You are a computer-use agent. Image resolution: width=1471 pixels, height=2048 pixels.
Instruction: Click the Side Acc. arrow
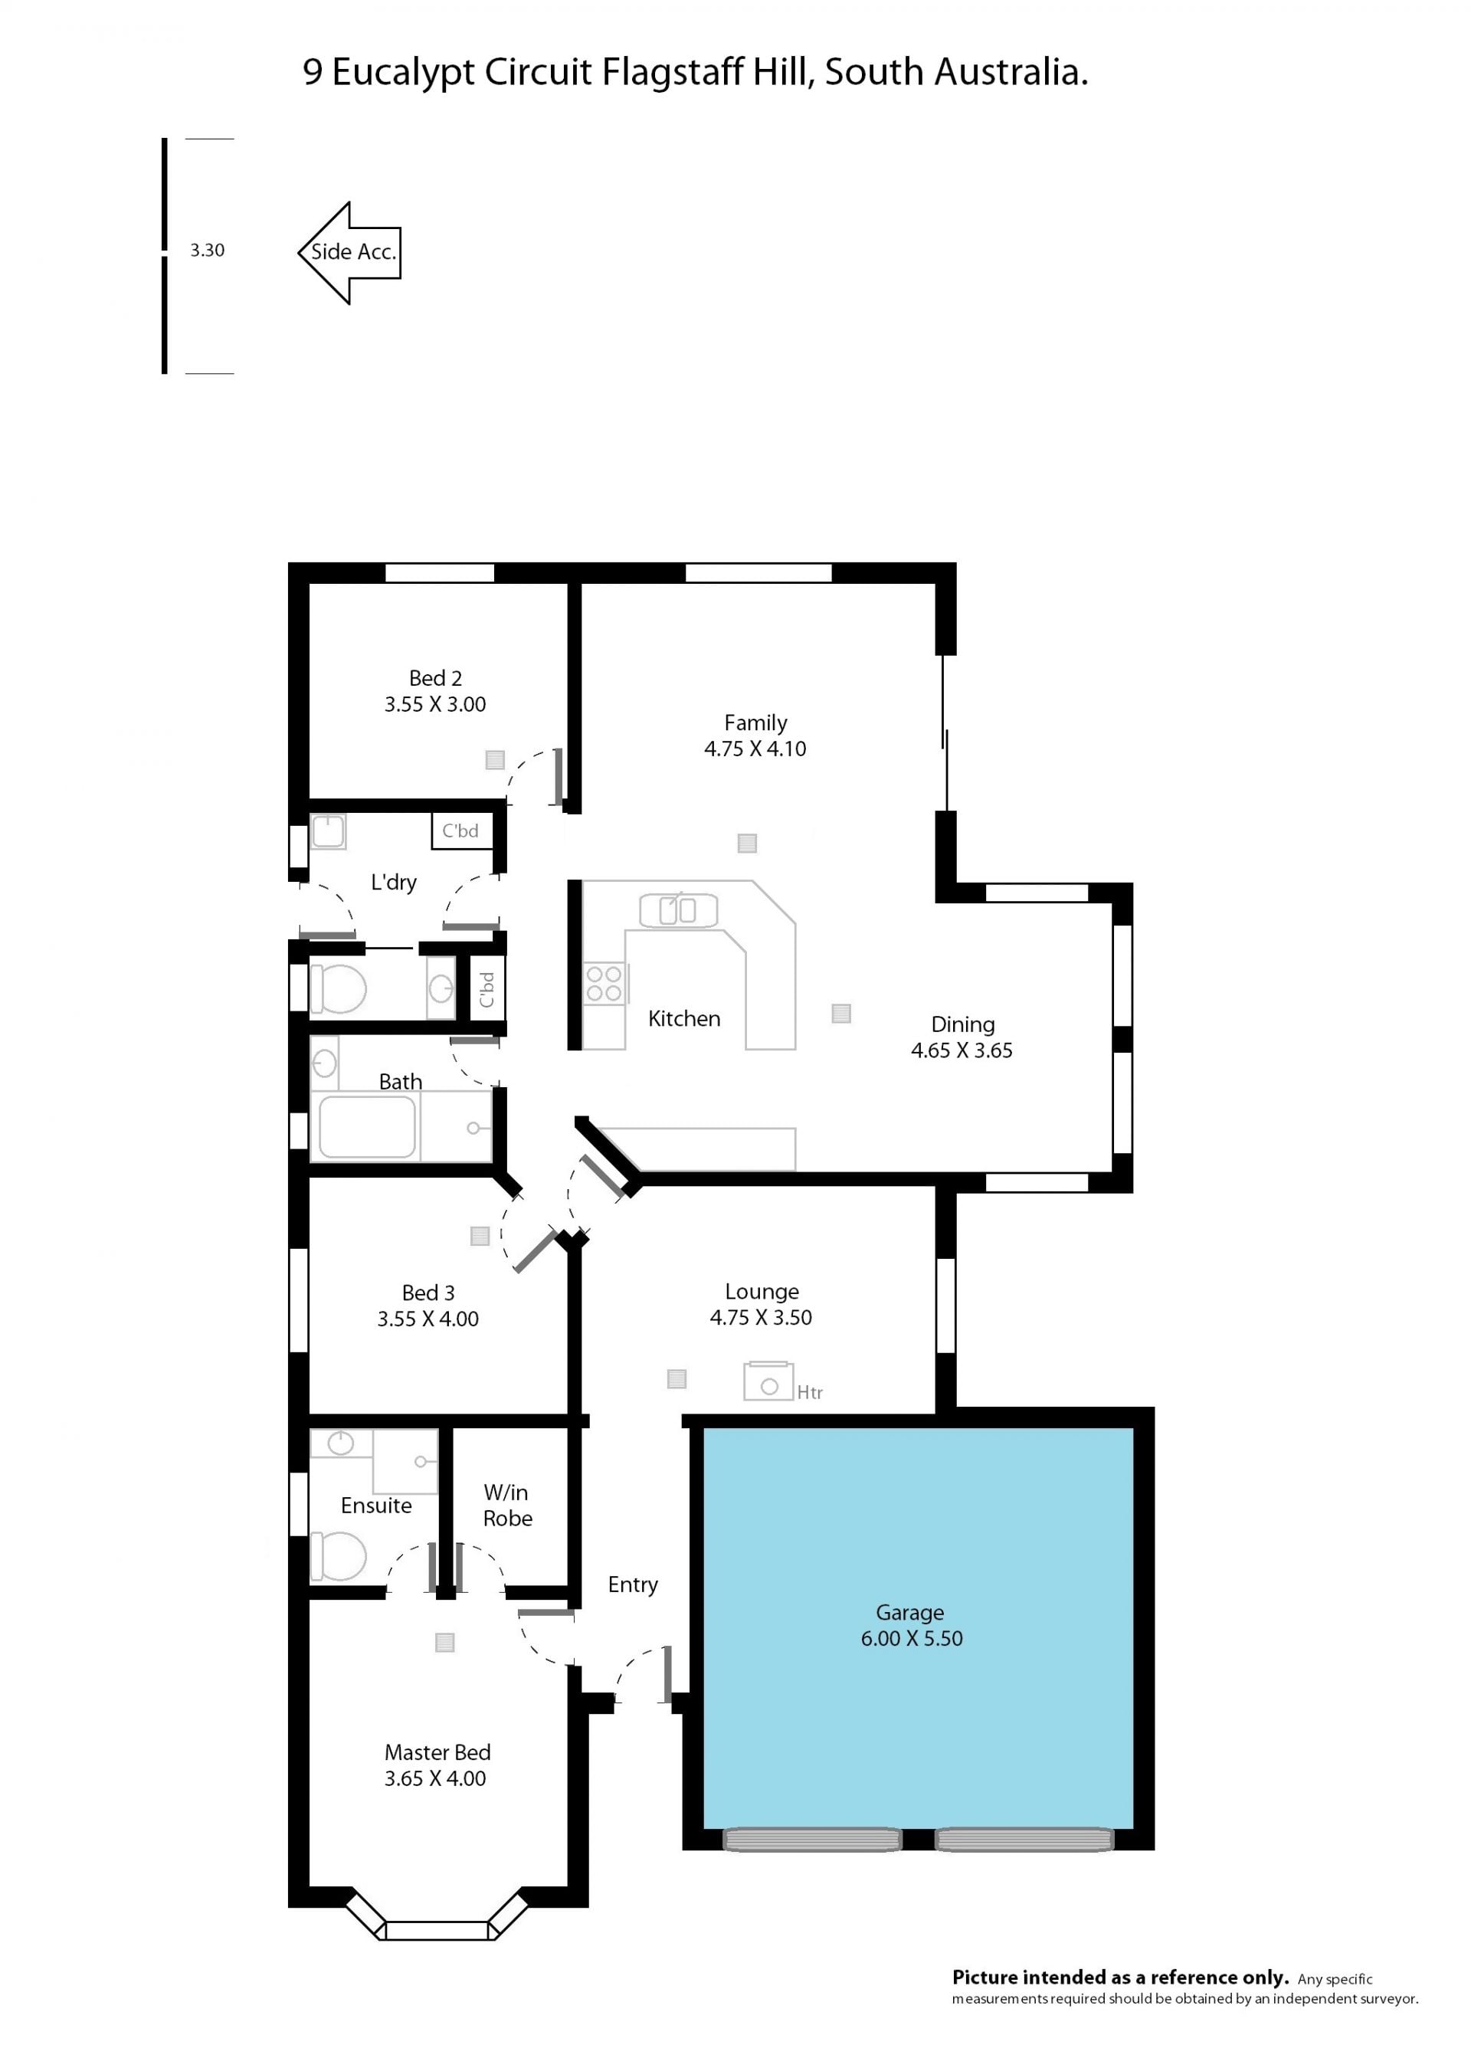pos(349,253)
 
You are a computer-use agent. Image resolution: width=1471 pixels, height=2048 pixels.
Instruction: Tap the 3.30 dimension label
pos(207,250)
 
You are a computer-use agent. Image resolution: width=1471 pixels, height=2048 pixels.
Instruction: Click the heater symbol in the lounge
pos(768,1381)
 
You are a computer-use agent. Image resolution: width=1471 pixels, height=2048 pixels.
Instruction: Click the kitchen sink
pos(678,910)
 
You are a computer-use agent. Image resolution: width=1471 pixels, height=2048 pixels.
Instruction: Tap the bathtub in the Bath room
pos(367,1126)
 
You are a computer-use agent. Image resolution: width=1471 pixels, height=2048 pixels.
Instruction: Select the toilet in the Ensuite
pos(338,1556)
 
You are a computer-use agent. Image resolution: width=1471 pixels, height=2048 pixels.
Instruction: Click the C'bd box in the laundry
pos(461,831)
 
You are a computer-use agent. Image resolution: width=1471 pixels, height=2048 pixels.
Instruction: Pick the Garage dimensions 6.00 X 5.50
pos(911,1638)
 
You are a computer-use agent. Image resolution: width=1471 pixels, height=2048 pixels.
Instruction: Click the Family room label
pos(755,723)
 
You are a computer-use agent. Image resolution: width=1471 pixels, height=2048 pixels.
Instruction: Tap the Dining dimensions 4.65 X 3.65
pos(962,1050)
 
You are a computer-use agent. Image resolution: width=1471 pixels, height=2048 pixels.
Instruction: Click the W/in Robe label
pos(506,1506)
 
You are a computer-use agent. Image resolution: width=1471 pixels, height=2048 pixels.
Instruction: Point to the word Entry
pos(632,1584)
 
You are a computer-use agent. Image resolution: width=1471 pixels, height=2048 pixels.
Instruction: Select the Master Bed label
pos(437,1751)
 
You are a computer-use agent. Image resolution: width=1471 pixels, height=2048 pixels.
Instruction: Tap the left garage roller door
pos(813,1840)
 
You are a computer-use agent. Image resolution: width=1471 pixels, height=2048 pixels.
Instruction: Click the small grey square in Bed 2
pos(495,759)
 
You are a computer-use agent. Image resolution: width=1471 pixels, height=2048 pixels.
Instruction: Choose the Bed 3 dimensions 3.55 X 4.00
pos(428,1319)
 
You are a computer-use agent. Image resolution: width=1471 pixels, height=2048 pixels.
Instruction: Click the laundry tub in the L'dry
pos(328,831)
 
